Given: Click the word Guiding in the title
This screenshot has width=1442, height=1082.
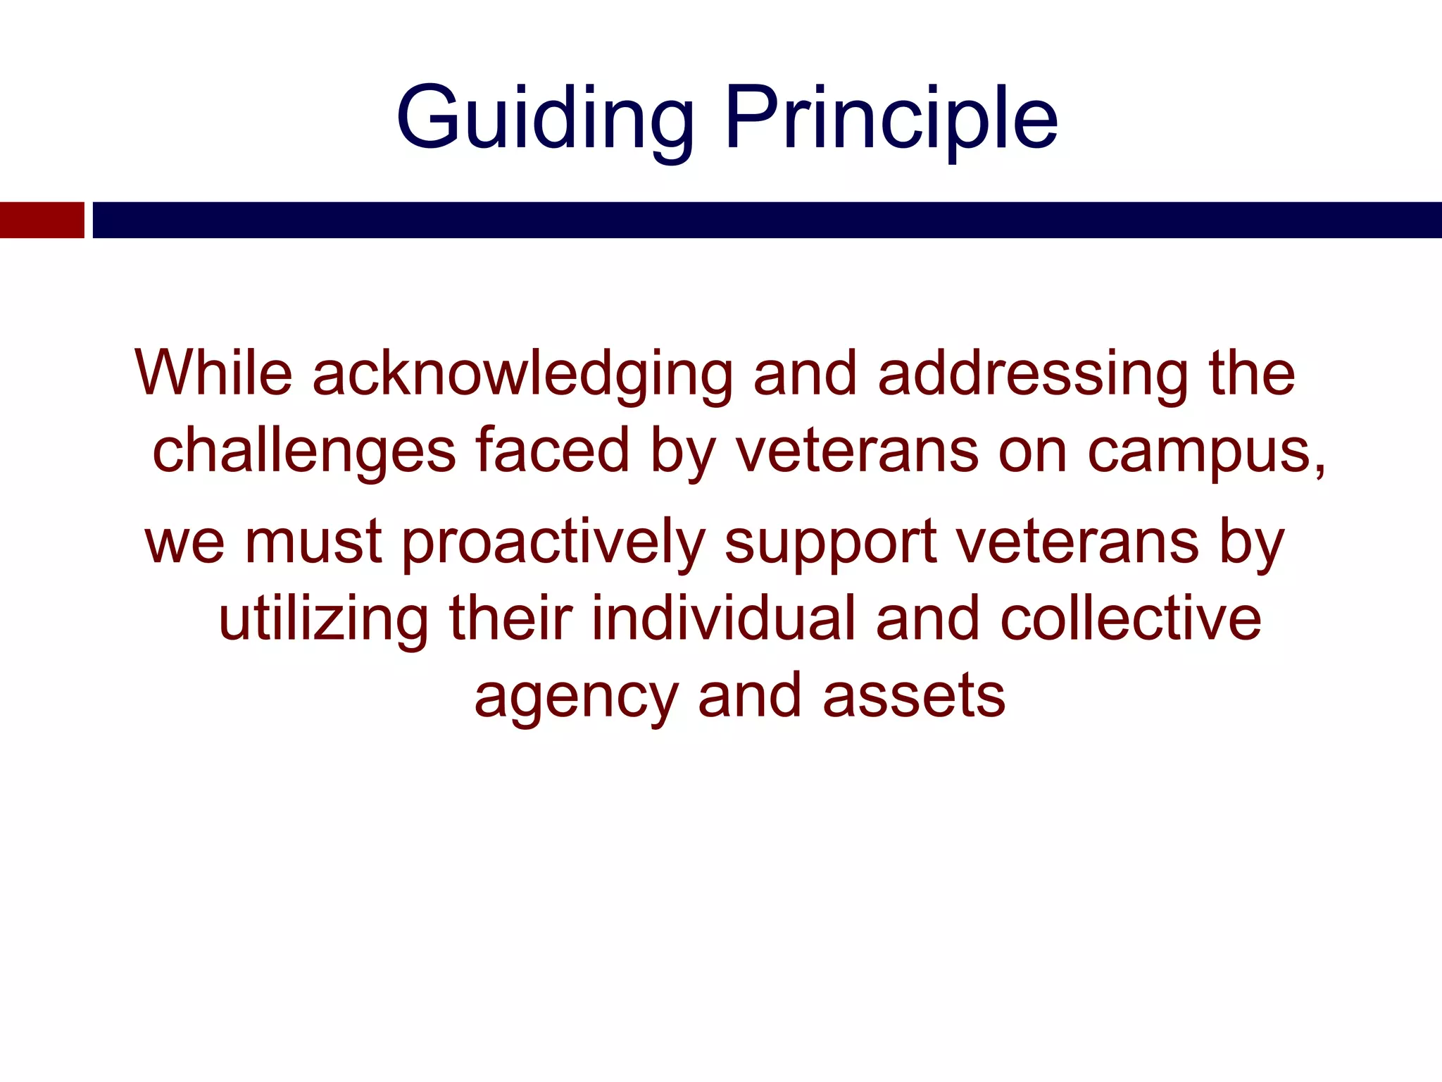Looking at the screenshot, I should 545,118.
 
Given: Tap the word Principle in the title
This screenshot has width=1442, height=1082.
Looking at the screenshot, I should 891,118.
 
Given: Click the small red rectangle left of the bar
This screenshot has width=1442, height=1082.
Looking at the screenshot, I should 42,220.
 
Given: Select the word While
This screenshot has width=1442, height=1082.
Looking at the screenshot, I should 213,373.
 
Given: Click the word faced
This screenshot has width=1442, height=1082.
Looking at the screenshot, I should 553,451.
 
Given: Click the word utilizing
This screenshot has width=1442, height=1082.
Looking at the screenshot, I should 323,620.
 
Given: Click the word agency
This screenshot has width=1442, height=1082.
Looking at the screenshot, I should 577,697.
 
